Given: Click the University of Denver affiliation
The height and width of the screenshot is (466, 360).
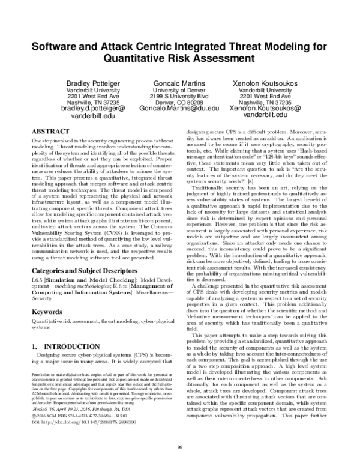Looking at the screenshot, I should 179,90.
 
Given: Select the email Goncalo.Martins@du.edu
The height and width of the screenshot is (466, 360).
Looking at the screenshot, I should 179,109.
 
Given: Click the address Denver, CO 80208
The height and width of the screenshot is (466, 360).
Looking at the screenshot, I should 179,102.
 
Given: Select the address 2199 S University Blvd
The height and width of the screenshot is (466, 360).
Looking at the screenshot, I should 179,96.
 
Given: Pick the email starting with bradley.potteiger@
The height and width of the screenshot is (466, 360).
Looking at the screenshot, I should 93,109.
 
